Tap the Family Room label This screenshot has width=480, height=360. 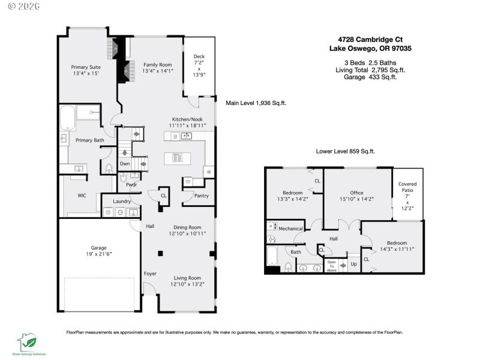coord(157,64)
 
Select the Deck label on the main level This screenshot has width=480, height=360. coord(199,56)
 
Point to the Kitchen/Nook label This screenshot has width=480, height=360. coord(187,119)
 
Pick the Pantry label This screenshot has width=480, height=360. coord(201,196)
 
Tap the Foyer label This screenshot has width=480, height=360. coord(150,274)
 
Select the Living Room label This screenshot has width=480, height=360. coord(187,278)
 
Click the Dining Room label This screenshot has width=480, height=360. coord(187,227)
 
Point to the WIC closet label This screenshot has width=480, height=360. coord(82,196)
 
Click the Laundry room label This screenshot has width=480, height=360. coord(122,201)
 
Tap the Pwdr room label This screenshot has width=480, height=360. coord(132,184)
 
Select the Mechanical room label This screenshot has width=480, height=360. coord(291,229)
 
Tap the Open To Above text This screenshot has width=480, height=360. coord(332,266)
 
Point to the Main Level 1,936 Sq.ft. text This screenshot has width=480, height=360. coord(256,103)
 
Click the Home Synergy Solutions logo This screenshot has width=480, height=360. coord(28,343)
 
